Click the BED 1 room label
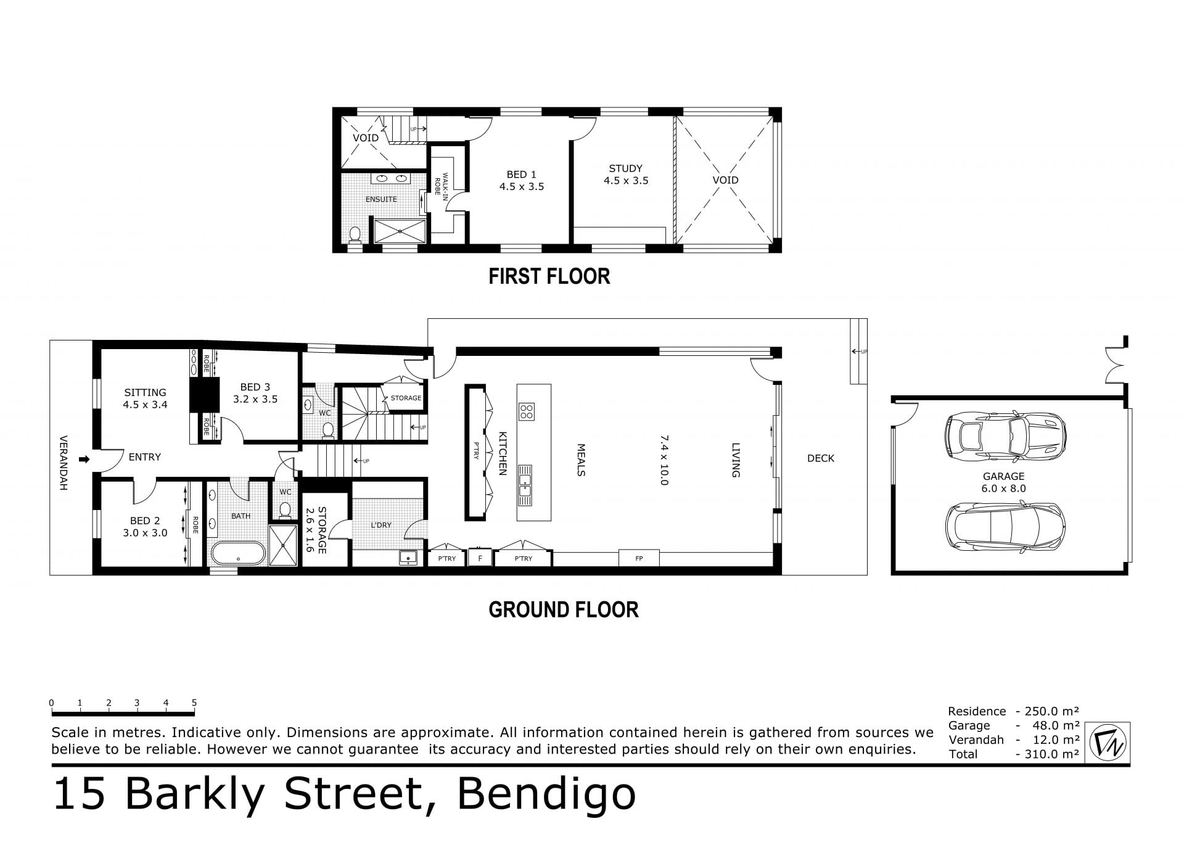point(522,175)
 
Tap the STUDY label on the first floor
point(626,168)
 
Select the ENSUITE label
point(381,199)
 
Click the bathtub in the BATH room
point(238,553)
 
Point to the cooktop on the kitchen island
point(527,411)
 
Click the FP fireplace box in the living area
point(639,558)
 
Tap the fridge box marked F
point(480,559)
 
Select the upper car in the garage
point(1005,437)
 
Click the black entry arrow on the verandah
point(84,459)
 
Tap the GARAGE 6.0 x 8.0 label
point(1004,482)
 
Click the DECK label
point(821,458)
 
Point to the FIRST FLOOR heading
point(549,276)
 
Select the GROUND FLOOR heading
point(564,610)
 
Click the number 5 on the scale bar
point(194,703)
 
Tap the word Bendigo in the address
point(546,794)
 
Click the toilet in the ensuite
point(355,236)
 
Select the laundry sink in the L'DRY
point(408,558)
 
